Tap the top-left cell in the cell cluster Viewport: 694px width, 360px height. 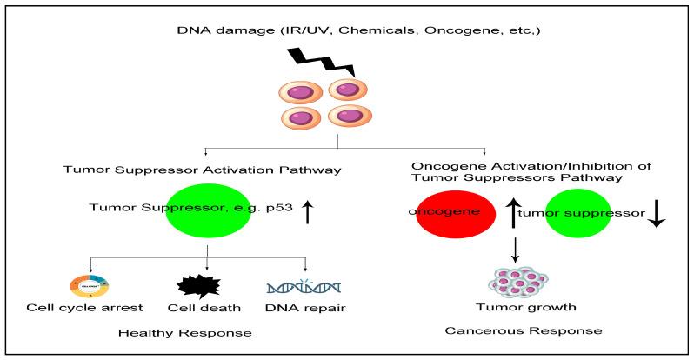tap(301, 91)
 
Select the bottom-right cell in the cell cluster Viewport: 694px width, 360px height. tap(351, 117)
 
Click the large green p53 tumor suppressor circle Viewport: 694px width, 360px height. tap(207, 209)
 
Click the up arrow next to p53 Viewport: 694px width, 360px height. tap(307, 210)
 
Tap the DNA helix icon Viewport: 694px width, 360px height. tap(304, 284)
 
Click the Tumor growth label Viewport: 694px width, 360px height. tap(516, 308)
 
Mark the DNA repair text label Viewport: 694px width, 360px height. tap(303, 308)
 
